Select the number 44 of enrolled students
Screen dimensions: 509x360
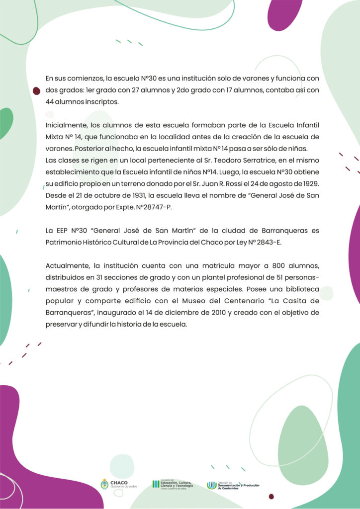(x=50, y=102)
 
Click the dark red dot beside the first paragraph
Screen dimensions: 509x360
(x=36, y=91)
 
